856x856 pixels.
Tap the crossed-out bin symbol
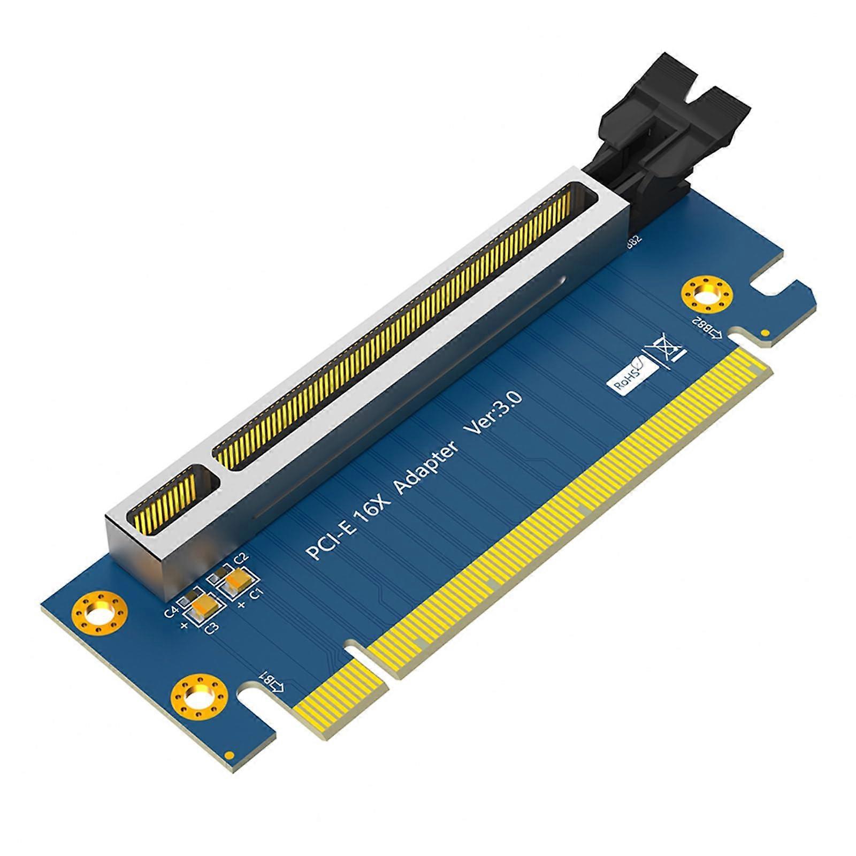666,350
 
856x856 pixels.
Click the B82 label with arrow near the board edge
708,327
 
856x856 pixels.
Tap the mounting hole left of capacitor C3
100,614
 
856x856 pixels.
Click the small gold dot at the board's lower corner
229,755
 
